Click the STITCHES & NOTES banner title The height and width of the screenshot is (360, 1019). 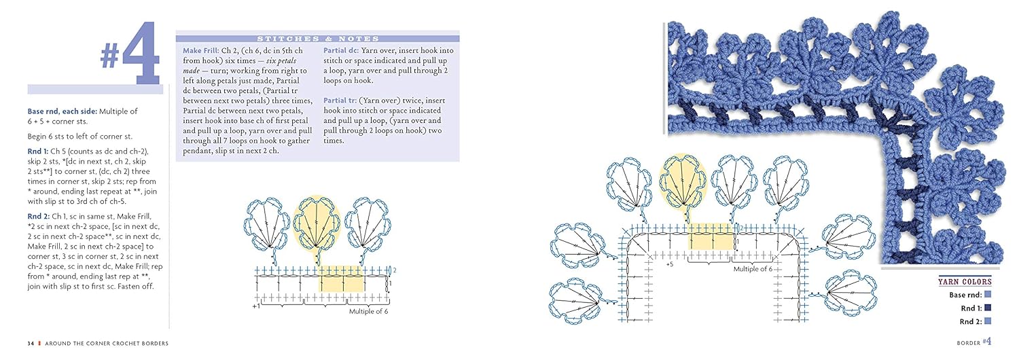coord(317,39)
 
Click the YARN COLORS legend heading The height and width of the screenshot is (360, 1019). coord(965,281)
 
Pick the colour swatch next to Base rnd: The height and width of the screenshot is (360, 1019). coord(988,294)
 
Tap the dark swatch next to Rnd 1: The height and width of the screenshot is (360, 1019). coord(988,308)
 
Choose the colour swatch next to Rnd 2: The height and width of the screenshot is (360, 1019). coord(988,321)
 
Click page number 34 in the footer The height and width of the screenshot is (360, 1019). coord(31,344)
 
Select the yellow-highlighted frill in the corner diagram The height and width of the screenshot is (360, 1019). coord(685,179)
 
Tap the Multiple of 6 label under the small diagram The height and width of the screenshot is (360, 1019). coord(369,312)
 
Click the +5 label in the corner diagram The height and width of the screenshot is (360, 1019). coord(669,264)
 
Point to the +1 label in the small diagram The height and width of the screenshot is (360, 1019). coord(256,306)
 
